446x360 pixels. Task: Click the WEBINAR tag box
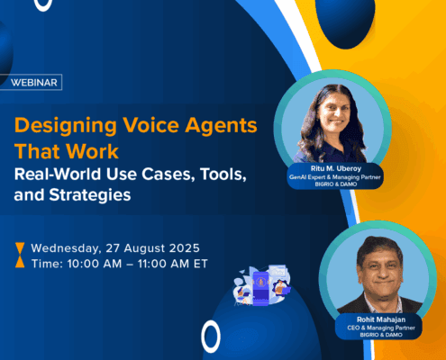[x=31, y=82]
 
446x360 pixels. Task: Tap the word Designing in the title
[x=66, y=126]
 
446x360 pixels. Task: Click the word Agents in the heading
[x=221, y=126]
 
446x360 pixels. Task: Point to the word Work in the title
[x=92, y=151]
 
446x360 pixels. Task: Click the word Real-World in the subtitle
[x=58, y=174]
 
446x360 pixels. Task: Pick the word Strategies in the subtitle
[x=90, y=195]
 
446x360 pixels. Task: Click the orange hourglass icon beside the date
[x=20, y=255]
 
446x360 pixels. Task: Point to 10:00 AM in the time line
[x=95, y=264]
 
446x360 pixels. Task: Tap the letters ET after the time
[x=200, y=264]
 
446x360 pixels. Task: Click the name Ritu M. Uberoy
[x=336, y=168]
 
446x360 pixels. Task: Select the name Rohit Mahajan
[x=381, y=319]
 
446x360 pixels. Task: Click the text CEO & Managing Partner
[x=381, y=328]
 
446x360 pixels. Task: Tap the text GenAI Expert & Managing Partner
[x=335, y=177]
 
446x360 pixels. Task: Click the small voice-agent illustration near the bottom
[x=262, y=285]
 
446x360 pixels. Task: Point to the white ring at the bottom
[x=211, y=337]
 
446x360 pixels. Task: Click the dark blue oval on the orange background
[x=345, y=21]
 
